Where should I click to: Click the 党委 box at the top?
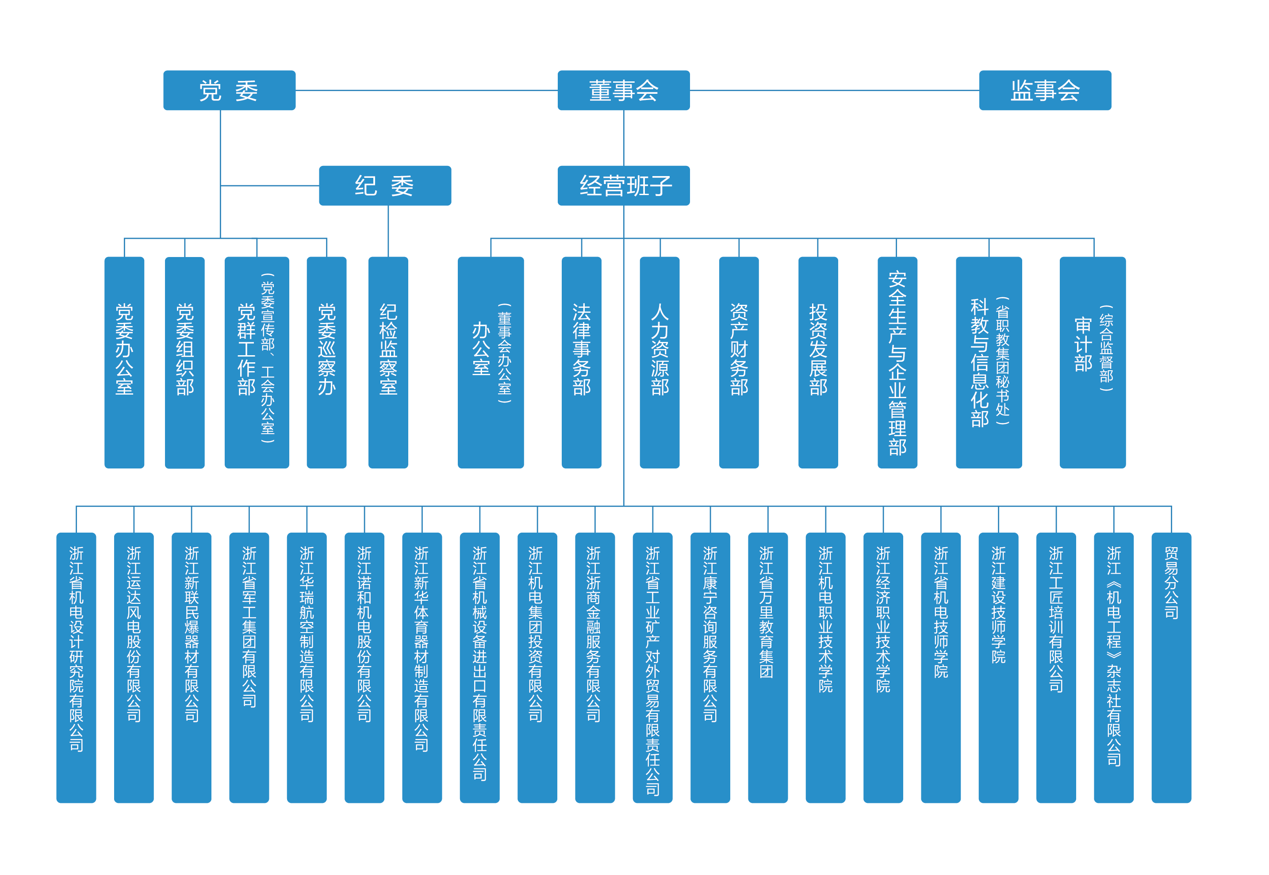229,90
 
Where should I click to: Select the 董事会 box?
623,90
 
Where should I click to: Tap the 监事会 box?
1045,90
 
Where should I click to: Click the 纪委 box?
385,185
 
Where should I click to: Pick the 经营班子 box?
623,185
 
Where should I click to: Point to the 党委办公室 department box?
124,362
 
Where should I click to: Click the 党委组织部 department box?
185,362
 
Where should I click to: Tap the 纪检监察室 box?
388,362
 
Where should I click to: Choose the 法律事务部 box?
581,362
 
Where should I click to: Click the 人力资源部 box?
659,362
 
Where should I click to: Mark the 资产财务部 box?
739,362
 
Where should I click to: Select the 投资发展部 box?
818,362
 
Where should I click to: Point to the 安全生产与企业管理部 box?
897,362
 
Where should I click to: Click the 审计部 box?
1092,362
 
